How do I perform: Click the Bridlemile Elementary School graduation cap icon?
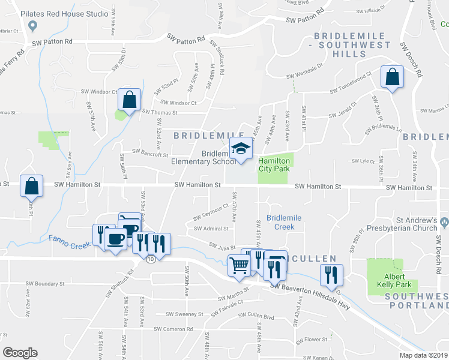(241, 149)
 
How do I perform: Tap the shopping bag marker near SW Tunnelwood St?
(392, 77)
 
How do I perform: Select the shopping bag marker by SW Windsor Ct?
(129, 100)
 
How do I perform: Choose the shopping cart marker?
(240, 264)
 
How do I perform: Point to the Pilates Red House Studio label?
(71, 13)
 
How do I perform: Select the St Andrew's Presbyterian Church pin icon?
(444, 223)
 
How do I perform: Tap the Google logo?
(20, 353)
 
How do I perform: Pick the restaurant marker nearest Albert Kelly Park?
(331, 275)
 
